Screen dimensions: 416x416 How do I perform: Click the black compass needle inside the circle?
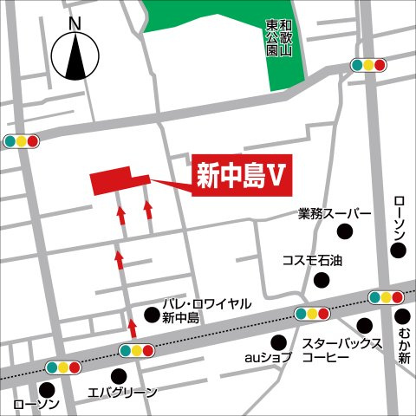[x=75, y=57]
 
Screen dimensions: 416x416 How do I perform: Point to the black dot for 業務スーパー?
[x=344, y=231]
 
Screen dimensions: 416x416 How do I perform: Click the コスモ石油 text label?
[x=313, y=259]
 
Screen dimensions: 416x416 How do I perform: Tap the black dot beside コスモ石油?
[x=322, y=279]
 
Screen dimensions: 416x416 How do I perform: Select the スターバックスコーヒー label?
[x=341, y=351]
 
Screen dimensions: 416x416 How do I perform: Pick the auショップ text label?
[x=266, y=357]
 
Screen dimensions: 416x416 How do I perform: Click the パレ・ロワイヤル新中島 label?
[x=206, y=310]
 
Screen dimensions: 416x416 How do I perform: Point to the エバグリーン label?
[x=123, y=393]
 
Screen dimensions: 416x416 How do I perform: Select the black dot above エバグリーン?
[x=119, y=374]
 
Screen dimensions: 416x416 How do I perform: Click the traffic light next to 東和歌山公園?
[x=368, y=64]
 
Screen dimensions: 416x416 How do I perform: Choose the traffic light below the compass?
[x=21, y=140]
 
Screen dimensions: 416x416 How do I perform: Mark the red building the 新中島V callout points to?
[x=113, y=182]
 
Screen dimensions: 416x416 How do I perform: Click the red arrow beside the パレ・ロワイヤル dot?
[x=133, y=326]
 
